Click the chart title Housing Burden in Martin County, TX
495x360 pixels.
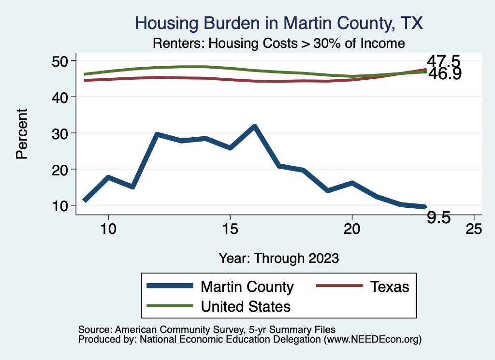[x=279, y=23]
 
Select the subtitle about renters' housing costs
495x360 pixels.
[x=278, y=43]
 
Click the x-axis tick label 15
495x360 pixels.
[x=230, y=228]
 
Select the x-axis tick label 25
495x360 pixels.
[x=474, y=228]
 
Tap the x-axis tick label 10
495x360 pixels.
[x=108, y=228]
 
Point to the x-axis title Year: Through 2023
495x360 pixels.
[x=278, y=258]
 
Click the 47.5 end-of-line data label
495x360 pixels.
[x=443, y=62]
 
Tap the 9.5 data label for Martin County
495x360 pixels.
[x=439, y=218]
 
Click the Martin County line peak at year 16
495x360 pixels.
[x=254, y=126]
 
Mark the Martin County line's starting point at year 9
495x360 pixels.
[x=85, y=200]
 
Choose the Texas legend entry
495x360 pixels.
[x=390, y=287]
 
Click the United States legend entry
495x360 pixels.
[x=246, y=306]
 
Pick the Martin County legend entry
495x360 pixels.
[x=247, y=287]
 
